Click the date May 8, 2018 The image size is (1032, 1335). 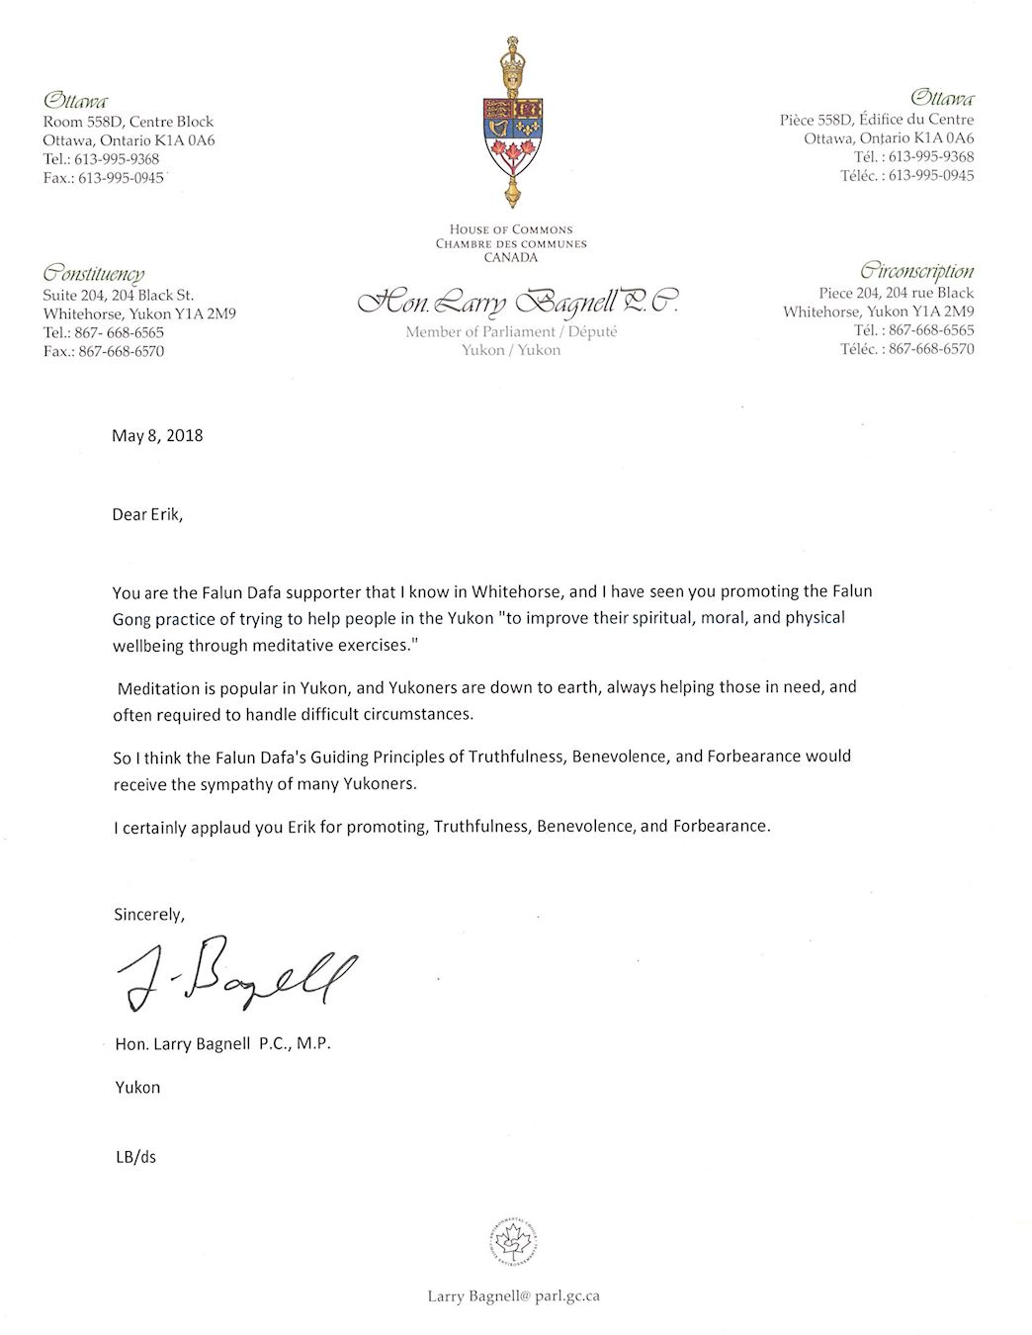tap(157, 435)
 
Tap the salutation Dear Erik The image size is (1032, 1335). tap(147, 514)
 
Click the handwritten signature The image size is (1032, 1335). tap(235, 974)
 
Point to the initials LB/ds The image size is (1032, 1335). tap(135, 1156)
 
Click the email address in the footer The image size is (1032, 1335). tap(513, 1296)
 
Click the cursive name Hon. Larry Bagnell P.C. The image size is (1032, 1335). tap(516, 302)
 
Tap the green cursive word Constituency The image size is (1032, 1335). tap(93, 274)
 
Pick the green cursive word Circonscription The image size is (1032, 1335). tap(916, 271)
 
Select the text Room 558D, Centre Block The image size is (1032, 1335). tap(128, 122)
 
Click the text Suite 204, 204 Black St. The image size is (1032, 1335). tap(118, 295)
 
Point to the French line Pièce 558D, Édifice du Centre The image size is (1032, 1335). tap(876, 120)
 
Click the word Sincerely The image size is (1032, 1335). tap(148, 914)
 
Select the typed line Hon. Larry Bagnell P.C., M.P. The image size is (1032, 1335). tap(222, 1044)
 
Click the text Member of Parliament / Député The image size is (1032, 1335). tap(511, 332)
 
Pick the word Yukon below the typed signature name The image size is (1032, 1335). tap(137, 1087)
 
